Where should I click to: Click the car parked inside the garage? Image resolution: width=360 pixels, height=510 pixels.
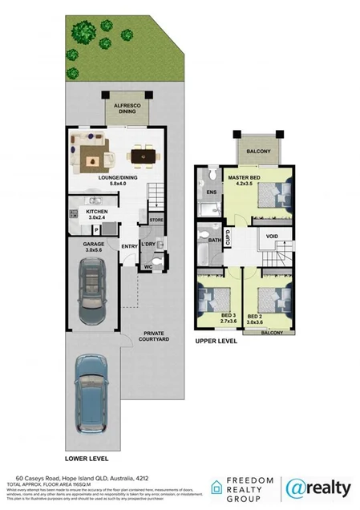coord(93,289)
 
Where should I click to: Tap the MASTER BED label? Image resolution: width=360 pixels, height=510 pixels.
coord(244,180)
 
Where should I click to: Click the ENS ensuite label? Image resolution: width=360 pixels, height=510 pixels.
coord(211,193)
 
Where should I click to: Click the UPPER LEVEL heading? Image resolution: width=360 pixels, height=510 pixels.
coord(216,342)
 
